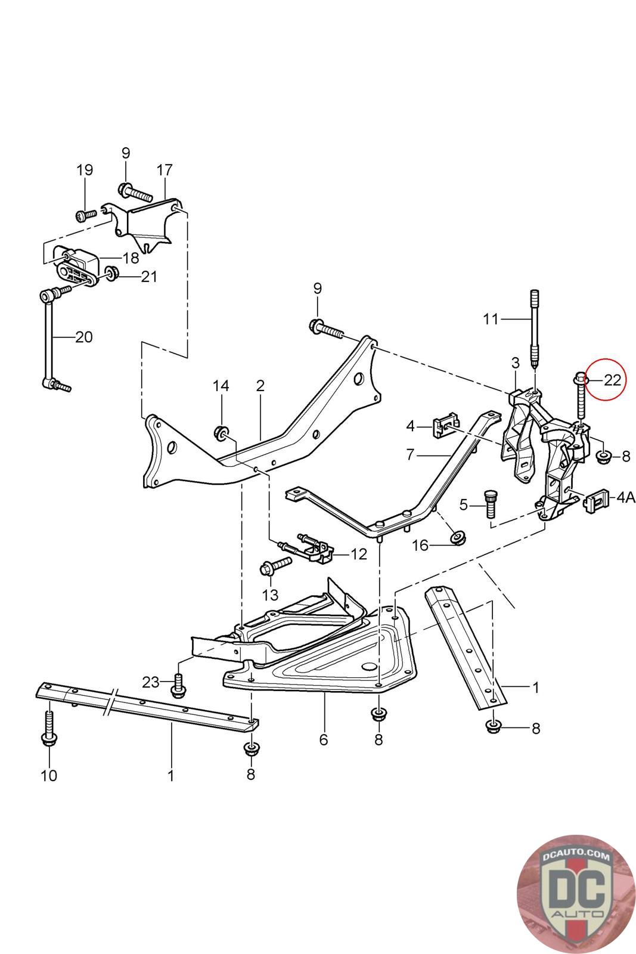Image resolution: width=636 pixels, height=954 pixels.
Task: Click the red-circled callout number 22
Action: [x=612, y=380]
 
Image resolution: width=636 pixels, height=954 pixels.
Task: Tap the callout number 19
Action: [x=85, y=170]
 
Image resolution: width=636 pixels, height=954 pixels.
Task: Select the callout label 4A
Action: [x=626, y=497]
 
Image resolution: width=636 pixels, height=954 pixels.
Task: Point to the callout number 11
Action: [x=491, y=318]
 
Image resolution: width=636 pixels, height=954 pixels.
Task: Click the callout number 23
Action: [x=151, y=682]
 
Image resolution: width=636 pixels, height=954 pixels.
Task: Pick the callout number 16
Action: [x=420, y=545]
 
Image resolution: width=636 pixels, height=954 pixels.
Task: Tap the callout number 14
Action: [x=221, y=386]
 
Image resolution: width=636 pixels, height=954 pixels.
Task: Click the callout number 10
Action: [x=48, y=775]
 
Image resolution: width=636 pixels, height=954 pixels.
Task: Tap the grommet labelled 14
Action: [x=221, y=433]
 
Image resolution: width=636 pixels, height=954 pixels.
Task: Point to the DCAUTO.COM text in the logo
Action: [x=576, y=857]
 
